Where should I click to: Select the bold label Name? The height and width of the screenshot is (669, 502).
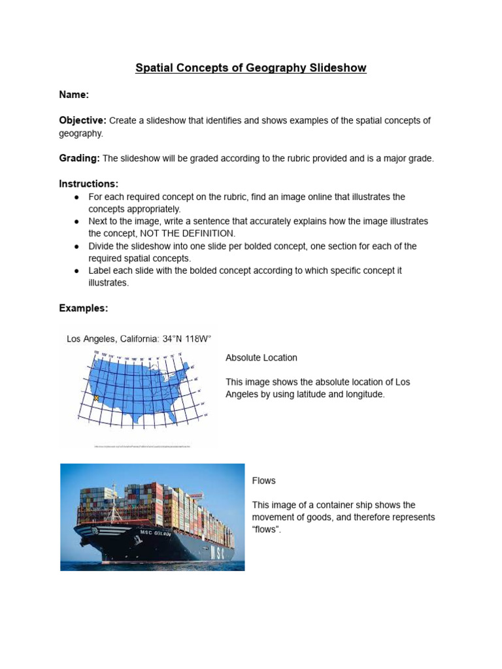73,95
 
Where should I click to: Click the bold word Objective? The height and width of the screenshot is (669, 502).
82,121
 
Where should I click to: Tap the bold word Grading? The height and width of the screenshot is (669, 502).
79,159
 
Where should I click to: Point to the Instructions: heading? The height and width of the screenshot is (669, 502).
88,184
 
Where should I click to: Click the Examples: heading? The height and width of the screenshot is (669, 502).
84,308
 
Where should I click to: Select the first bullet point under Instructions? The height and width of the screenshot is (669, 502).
77,197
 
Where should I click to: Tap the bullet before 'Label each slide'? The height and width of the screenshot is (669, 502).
77,271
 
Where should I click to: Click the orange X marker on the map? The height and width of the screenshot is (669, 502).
96,397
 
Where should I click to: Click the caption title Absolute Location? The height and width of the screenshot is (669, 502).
261,358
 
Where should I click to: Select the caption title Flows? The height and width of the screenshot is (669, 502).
263,481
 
